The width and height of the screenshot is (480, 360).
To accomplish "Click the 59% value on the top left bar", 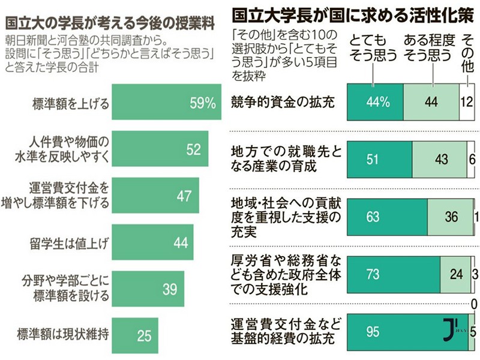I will click(202, 103).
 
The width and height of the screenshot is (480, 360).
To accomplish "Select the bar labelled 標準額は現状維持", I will click(135, 335).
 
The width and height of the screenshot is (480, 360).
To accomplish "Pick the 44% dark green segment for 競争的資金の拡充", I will click(374, 102).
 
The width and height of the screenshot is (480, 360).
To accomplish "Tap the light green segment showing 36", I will click(451, 216).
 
